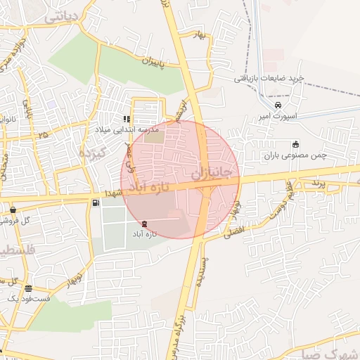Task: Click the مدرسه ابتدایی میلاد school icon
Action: click(127, 119)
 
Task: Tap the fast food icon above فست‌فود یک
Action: click(28, 288)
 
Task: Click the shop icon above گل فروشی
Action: click(13, 210)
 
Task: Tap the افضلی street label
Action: click(232, 230)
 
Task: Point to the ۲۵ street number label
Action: click(44, 133)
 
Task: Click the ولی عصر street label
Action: click(129, 157)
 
